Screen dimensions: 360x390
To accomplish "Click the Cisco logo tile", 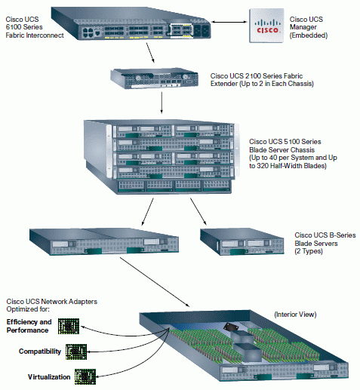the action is coord(266,26).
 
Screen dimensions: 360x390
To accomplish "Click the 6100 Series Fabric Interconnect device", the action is coord(131,23).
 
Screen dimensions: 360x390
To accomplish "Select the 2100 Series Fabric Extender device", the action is coord(154,78).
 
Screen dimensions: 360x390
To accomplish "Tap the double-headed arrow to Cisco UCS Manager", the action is coord(229,22).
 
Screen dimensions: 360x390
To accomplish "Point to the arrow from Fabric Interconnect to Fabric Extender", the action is coord(150,53).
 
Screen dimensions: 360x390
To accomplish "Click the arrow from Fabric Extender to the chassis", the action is coord(162,103).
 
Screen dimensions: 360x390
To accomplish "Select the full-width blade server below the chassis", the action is coord(104,241).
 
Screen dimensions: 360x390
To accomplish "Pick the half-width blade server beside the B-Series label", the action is coord(242,241).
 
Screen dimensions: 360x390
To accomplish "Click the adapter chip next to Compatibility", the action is coord(76,352).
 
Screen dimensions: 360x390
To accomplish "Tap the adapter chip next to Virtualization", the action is coord(85,376).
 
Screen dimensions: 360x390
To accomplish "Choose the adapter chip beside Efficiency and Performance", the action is coord(69,326).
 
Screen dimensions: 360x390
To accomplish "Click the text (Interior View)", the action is coord(295,315).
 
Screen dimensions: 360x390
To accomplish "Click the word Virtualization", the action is coord(49,376).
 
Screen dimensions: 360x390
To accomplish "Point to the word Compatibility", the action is coord(40,352).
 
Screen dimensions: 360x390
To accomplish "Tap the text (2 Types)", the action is coord(309,251).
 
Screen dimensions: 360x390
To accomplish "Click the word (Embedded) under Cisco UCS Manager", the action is coord(309,35).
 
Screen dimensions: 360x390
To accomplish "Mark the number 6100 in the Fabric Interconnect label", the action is coord(14,27).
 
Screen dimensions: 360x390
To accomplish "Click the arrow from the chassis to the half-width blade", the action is coord(198,211).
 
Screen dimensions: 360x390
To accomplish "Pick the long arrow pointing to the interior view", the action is coord(155,282).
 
